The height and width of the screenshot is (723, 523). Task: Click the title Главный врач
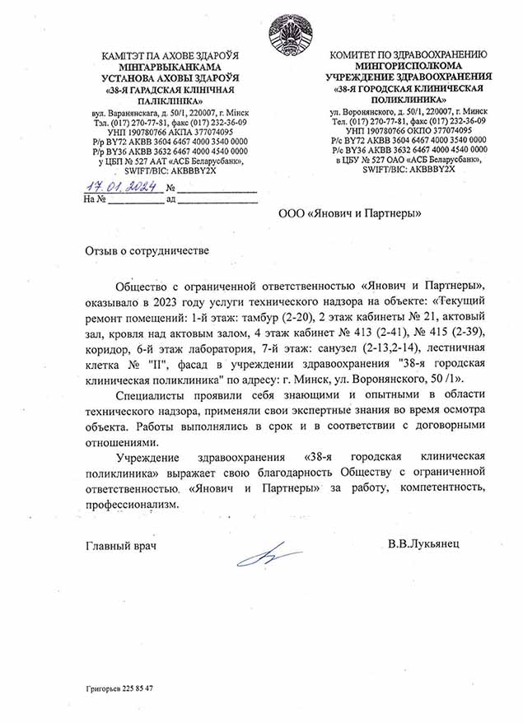pyautogui.click(x=120, y=545)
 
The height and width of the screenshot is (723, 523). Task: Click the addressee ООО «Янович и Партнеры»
pyautogui.click(x=350, y=212)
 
